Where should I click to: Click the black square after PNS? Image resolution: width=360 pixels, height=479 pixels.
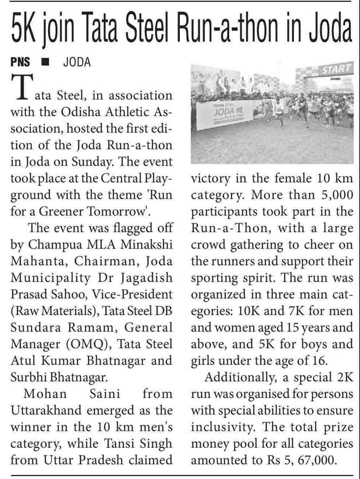(46, 62)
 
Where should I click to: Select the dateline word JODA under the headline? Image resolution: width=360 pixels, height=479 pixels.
(76, 62)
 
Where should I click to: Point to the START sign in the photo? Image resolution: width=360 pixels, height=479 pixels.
(335, 69)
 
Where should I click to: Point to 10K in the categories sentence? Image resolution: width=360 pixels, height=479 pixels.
(249, 311)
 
